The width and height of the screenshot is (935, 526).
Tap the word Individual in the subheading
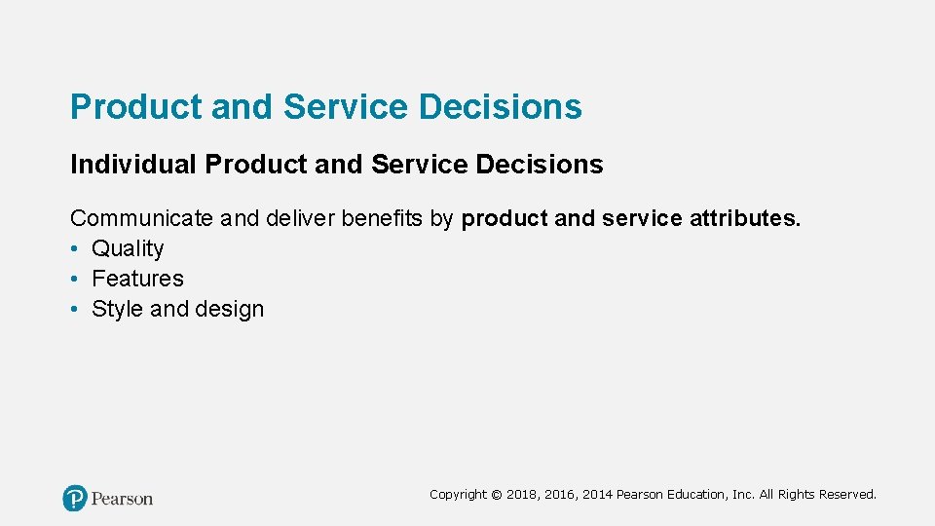point(132,165)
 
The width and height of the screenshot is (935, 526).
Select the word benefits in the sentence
point(383,218)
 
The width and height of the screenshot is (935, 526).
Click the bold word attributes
point(745,218)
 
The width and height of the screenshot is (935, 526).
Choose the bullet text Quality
point(128,249)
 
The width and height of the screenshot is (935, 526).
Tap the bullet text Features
point(137,279)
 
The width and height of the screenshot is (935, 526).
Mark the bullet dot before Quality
point(75,249)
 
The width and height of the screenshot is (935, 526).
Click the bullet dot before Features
point(75,280)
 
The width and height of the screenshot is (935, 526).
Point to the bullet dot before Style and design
point(75,310)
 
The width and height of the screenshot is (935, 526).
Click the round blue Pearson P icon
point(75,499)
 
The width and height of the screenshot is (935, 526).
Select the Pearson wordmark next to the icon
point(123,499)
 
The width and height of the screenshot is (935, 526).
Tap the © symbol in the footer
point(497,495)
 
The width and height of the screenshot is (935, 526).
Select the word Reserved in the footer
point(847,495)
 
